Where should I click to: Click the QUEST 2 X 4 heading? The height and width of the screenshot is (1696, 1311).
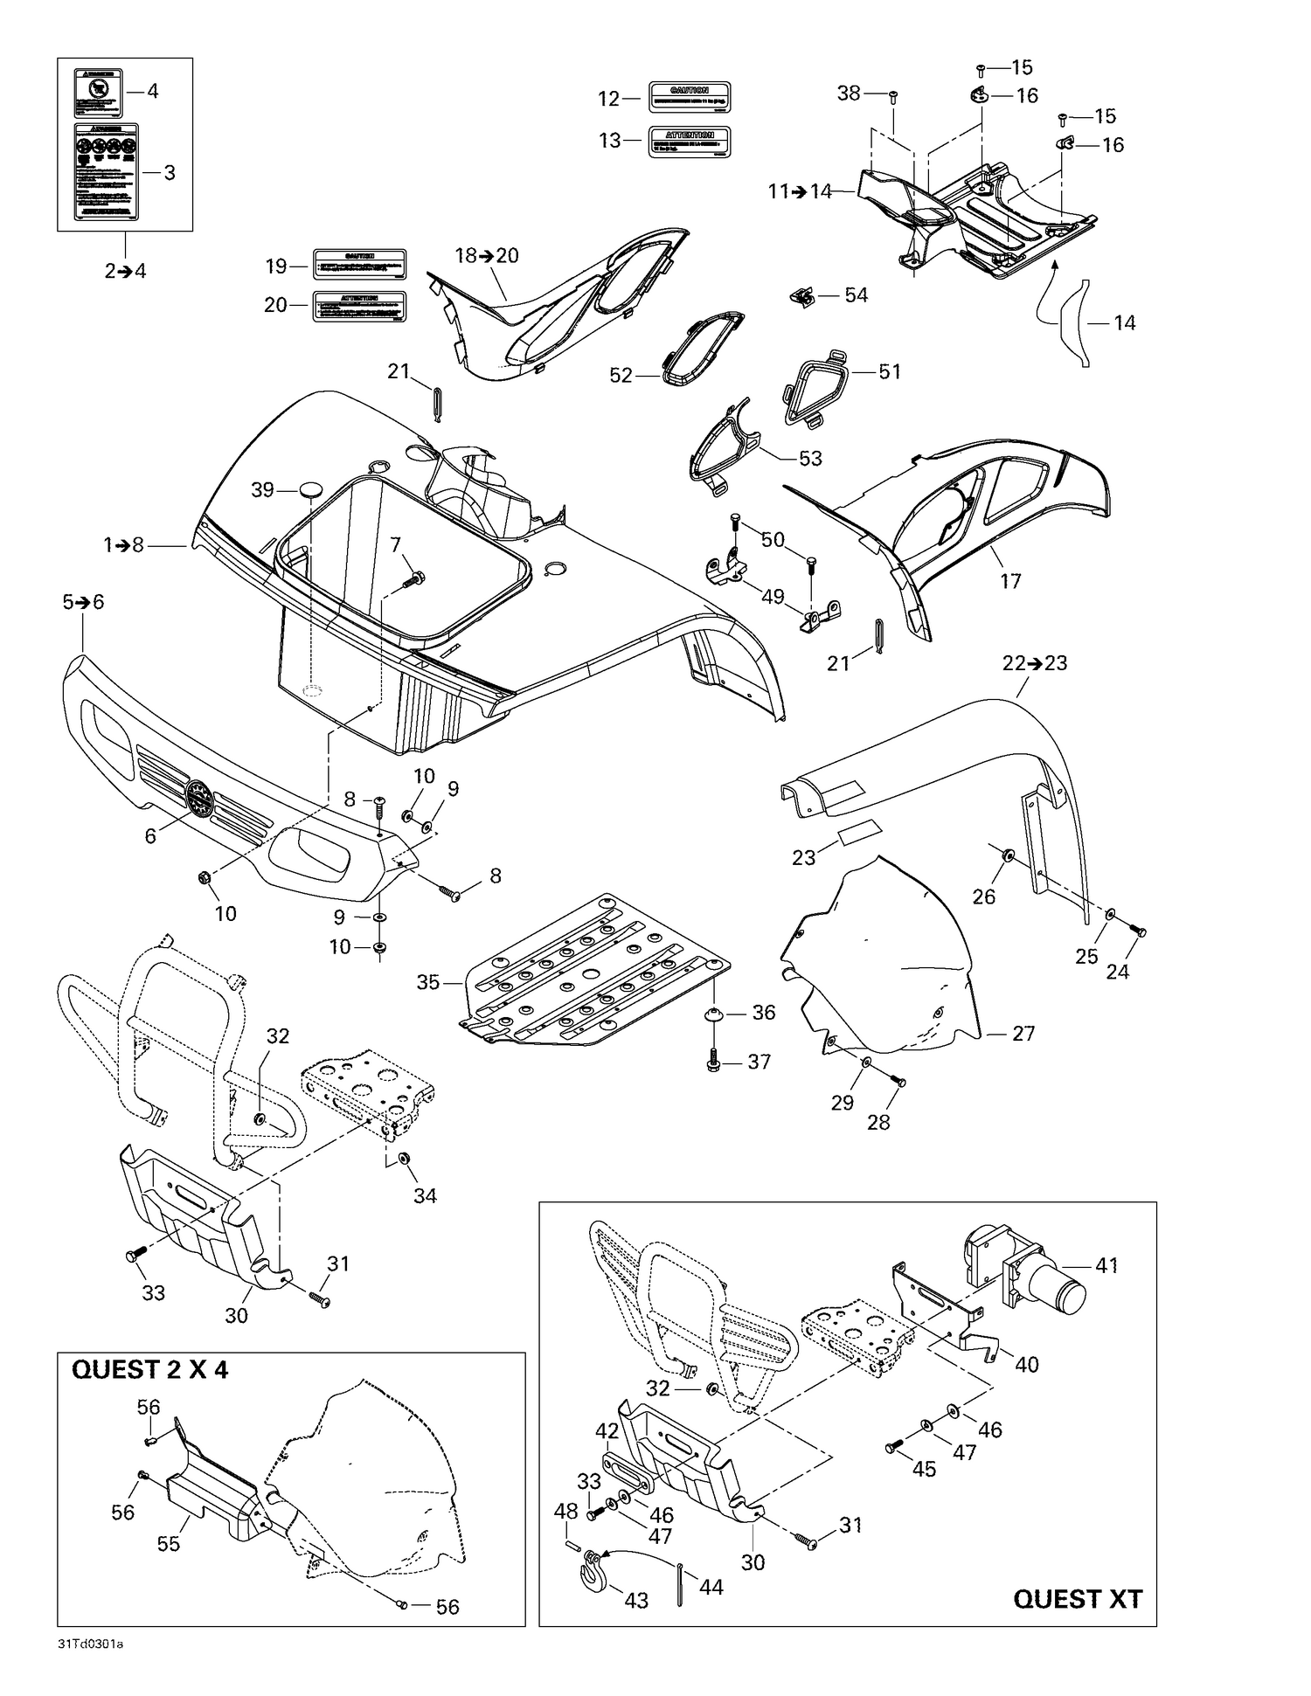click(149, 1369)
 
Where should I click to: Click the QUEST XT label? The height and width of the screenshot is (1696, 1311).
click(1077, 1599)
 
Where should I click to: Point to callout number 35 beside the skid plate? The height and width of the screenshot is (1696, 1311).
click(428, 982)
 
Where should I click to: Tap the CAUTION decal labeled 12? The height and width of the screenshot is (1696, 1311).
click(689, 98)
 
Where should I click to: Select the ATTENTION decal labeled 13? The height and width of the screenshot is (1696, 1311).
click(689, 141)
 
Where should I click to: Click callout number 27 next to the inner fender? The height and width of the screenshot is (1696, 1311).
click(1023, 1034)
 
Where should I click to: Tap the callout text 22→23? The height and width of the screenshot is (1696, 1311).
click(1035, 663)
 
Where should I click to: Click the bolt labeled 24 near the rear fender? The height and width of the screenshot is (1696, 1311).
click(1138, 933)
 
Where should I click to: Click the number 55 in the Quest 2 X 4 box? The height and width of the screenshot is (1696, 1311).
click(169, 1544)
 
